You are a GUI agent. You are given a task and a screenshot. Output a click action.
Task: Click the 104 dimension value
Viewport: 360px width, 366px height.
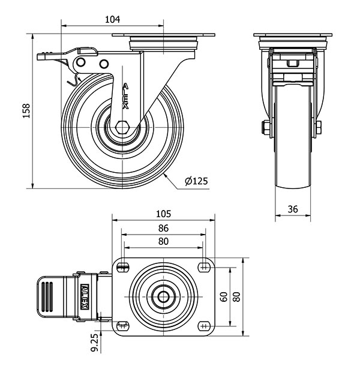click(113, 19)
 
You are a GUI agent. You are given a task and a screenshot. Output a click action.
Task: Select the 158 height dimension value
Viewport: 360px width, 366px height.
click(26, 110)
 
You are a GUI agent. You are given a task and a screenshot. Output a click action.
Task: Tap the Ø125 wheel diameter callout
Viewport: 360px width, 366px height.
click(196, 181)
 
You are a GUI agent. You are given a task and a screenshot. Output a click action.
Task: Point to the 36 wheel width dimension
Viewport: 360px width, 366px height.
click(293, 209)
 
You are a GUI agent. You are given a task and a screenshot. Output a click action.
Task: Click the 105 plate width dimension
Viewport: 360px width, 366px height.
click(163, 214)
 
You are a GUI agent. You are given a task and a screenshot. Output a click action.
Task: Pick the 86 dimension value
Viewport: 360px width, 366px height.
click(163, 228)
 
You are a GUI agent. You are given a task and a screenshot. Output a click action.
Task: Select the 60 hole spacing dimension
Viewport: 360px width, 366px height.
click(224, 297)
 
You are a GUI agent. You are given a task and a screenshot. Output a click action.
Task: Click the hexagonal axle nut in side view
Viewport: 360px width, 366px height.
click(122, 127)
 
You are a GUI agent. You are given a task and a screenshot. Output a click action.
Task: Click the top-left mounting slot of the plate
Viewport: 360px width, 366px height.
click(123, 267)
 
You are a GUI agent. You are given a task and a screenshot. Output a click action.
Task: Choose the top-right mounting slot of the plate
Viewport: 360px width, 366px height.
click(204, 267)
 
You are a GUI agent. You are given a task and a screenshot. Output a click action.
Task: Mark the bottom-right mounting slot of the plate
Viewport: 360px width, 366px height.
click(204, 326)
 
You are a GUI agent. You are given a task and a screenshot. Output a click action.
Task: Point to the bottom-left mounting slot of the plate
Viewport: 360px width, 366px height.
click(123, 326)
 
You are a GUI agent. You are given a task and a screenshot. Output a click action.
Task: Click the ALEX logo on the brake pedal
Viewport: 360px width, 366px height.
click(84, 296)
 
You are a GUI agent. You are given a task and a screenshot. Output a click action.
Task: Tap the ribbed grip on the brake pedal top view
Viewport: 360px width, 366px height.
click(47, 296)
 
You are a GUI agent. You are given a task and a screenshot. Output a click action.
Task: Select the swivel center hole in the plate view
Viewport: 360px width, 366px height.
click(163, 297)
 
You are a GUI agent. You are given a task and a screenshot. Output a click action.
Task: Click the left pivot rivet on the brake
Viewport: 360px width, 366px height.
click(81, 62)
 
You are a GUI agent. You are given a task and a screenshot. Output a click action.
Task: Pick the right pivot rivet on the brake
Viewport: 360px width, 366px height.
click(104, 64)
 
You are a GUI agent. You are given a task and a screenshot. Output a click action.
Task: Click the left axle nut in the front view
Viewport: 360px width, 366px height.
click(266, 128)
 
